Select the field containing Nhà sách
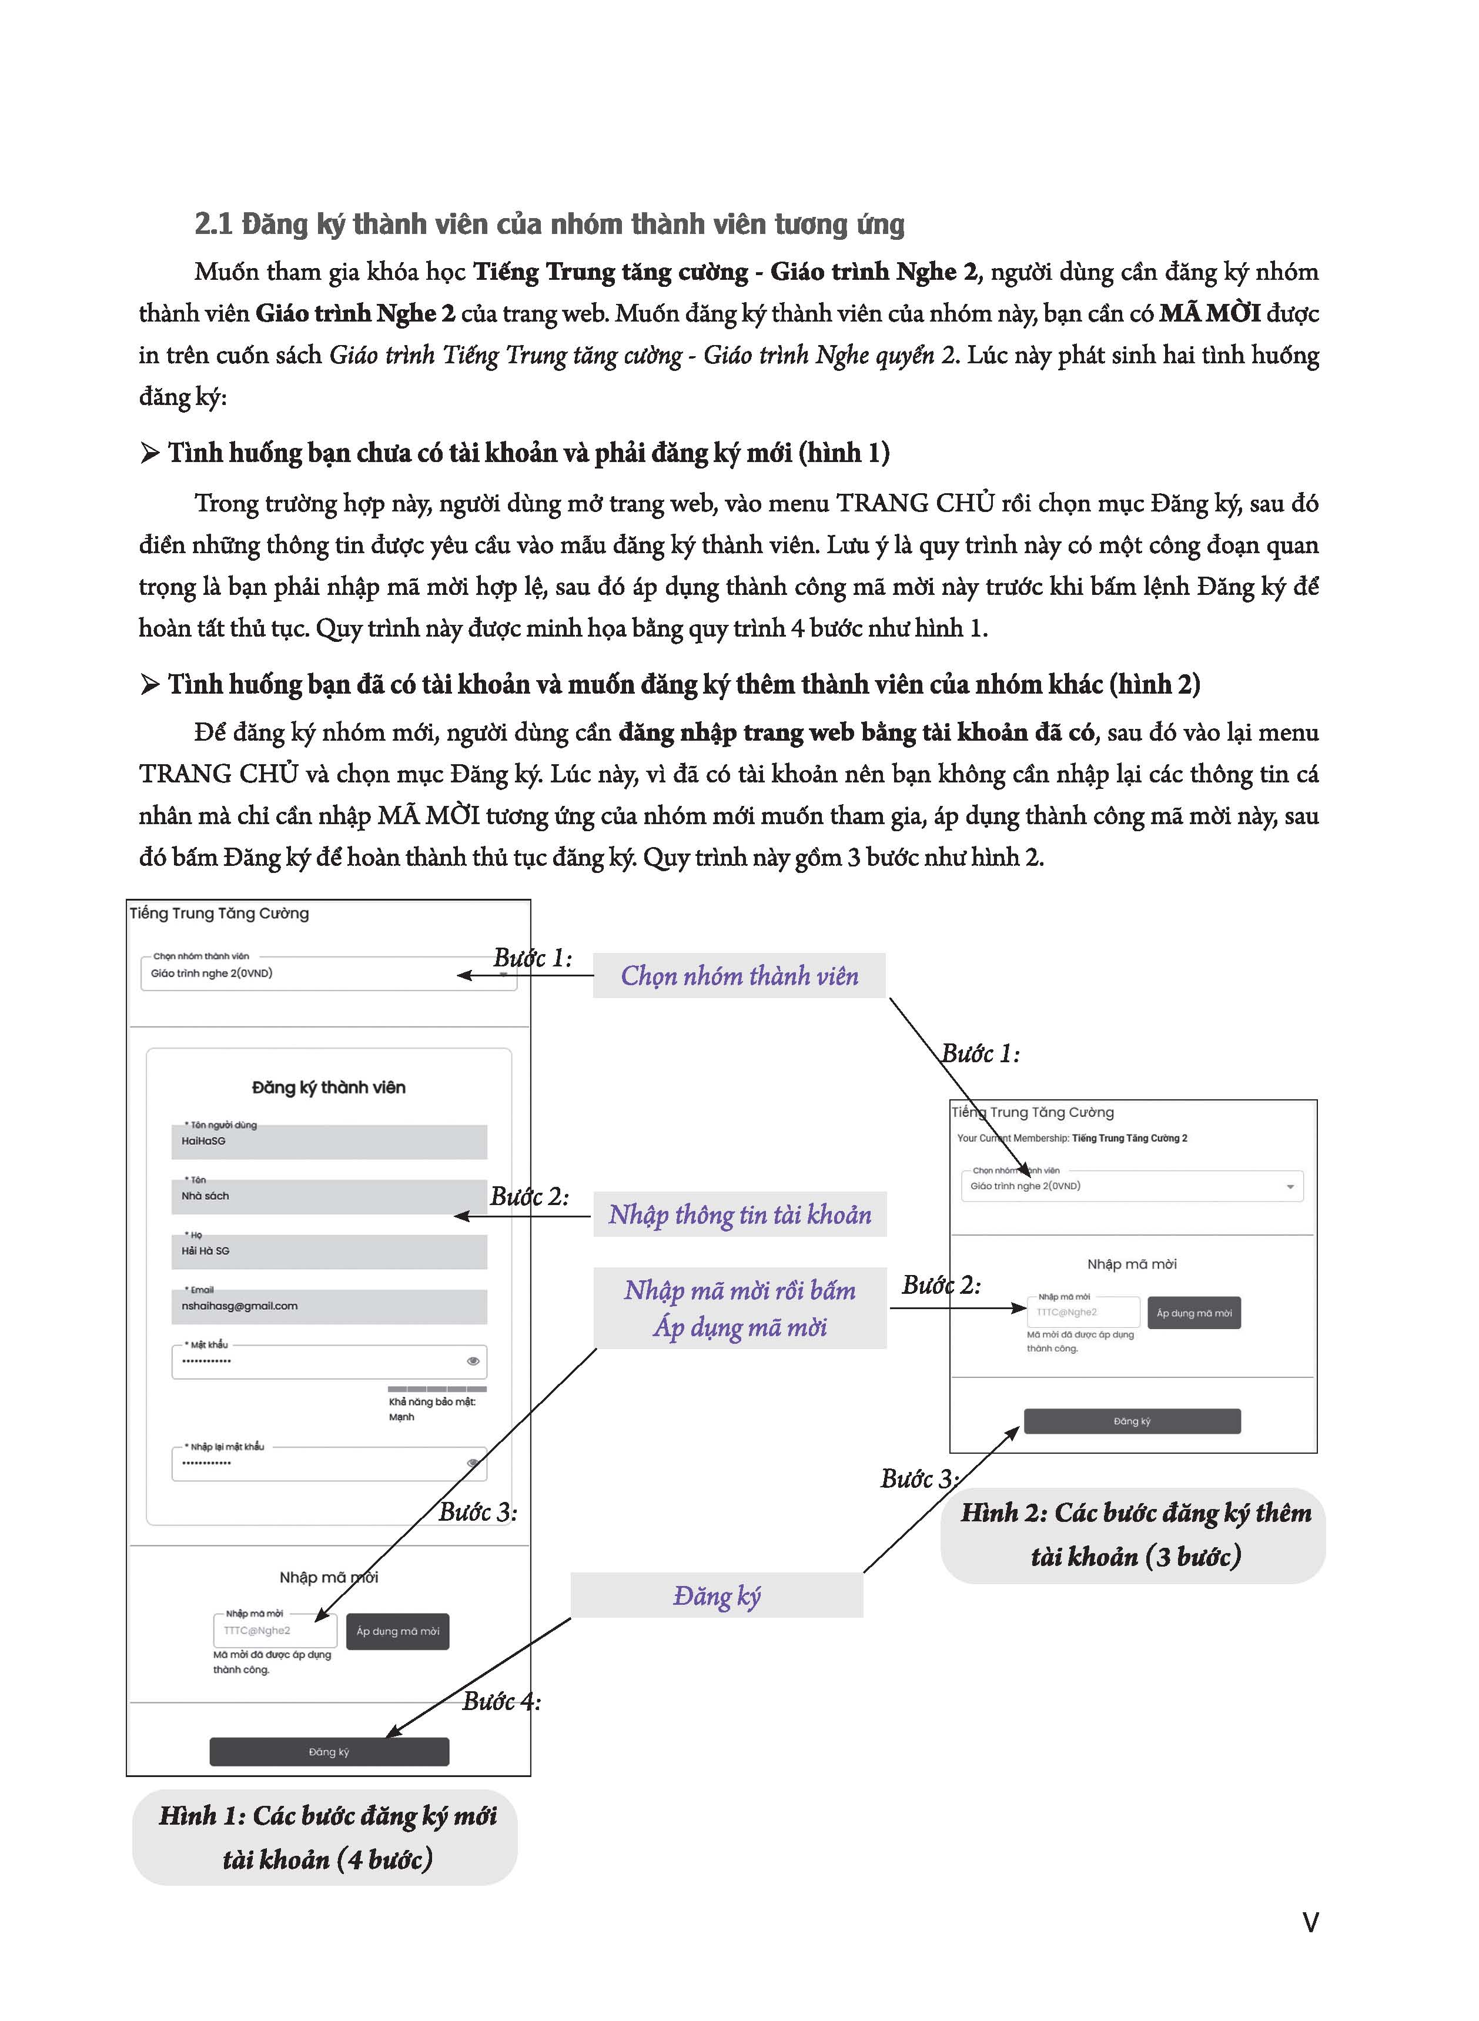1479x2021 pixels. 329,1197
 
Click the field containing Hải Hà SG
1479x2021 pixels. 329,1252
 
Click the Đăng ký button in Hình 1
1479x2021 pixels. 329,1752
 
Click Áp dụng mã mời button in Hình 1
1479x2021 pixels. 397,1631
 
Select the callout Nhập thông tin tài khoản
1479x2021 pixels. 739,1214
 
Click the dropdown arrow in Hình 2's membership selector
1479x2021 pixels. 1290,1187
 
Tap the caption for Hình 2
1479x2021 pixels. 1135,1535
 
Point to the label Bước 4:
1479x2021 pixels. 501,1701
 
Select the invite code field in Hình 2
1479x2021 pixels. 1083,1312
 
